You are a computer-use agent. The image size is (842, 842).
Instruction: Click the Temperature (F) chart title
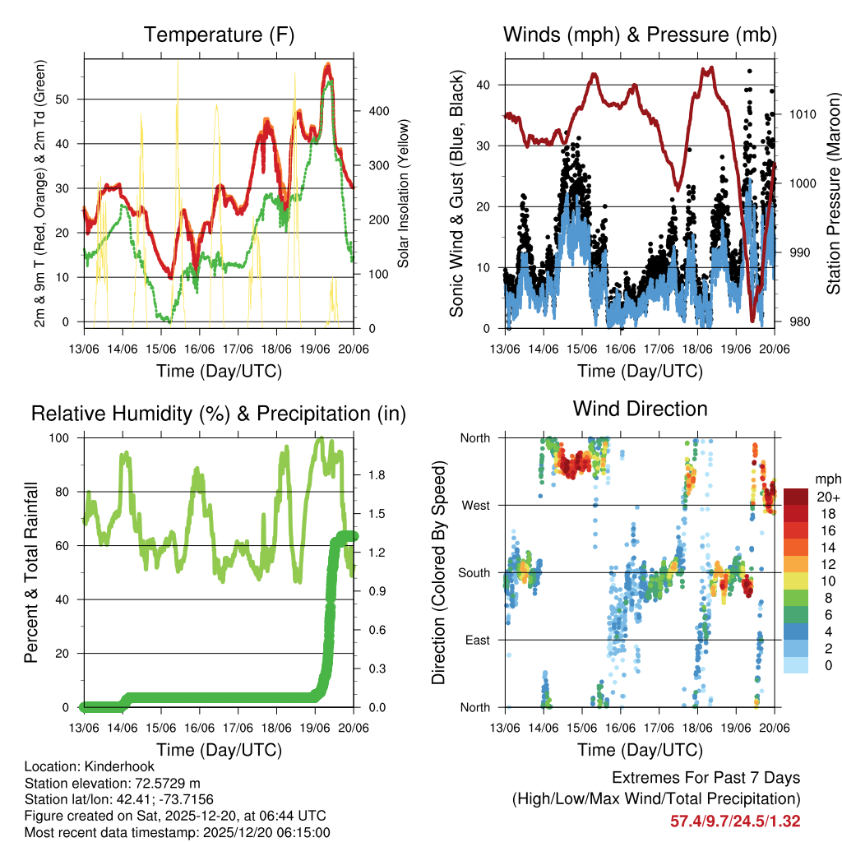click(219, 35)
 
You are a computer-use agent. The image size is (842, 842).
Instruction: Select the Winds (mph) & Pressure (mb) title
click(640, 35)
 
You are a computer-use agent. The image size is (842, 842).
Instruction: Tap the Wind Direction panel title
click(640, 408)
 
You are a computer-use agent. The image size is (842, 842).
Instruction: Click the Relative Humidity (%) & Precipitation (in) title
click(219, 414)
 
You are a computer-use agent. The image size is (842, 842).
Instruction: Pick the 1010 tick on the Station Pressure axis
click(802, 114)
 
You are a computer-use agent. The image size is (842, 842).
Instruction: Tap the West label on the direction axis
click(476, 505)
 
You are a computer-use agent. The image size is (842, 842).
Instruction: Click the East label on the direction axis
click(478, 640)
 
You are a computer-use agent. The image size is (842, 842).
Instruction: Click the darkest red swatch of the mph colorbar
click(796, 497)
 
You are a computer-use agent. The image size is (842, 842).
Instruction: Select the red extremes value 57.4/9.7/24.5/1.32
click(735, 821)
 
